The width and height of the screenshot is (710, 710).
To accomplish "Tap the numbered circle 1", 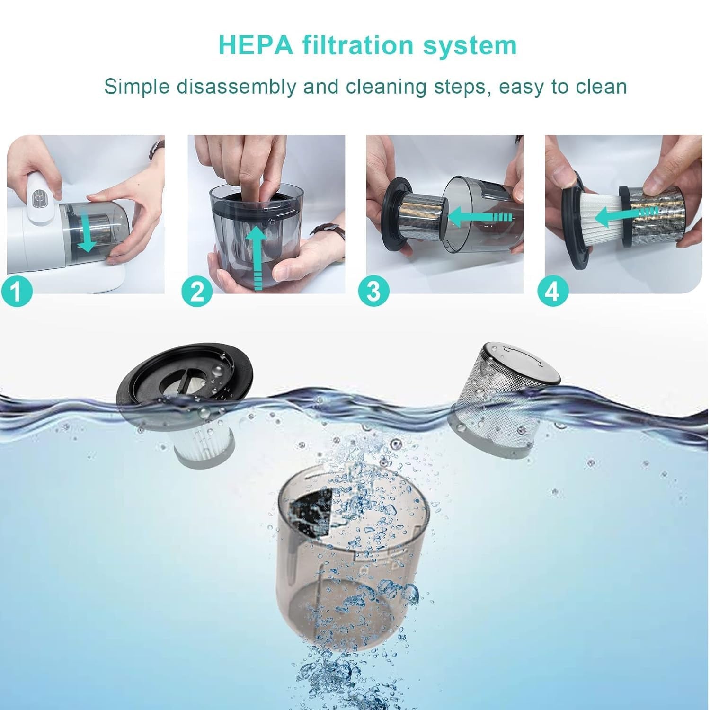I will point(17,291).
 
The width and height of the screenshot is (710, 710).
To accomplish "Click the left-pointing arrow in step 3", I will point(478,218).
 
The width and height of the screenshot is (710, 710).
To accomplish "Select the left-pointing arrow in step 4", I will point(625,215).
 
